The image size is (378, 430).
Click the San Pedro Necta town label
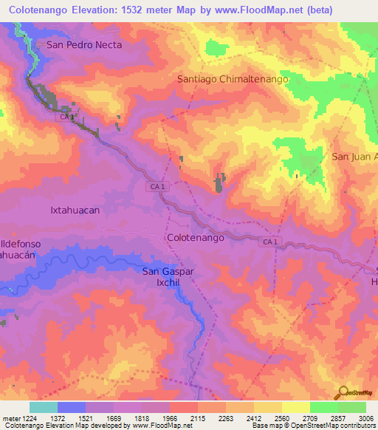tap(83, 44)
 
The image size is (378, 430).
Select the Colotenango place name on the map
tap(196, 238)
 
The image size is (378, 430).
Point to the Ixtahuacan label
tap(75, 210)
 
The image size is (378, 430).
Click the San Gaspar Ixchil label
tap(168, 277)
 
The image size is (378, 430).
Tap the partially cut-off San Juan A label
tap(354, 157)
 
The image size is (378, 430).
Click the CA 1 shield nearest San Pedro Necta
tap(67, 117)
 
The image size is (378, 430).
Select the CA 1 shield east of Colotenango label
tap(270, 242)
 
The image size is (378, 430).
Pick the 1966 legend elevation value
tap(169, 418)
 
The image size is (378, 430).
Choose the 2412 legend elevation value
tap(252, 418)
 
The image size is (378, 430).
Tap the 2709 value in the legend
tap(309, 418)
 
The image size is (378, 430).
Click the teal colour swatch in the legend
tap(44, 407)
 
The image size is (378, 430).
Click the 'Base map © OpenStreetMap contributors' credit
tap(312, 426)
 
